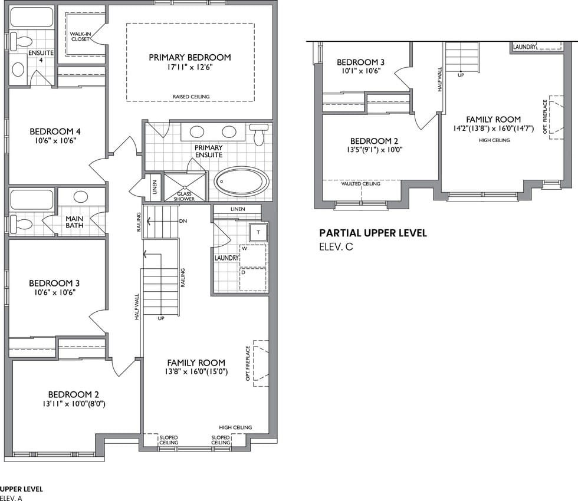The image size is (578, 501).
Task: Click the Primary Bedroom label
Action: coord(190,58)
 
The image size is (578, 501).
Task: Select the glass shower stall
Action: coord(184,187)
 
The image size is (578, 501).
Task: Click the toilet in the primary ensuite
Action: coord(259,134)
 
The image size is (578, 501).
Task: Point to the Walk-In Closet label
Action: coord(80,36)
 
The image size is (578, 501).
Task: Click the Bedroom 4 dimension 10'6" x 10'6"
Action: coord(55,140)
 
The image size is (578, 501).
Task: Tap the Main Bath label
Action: coord(74,222)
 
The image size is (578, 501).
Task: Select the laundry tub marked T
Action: coord(258,232)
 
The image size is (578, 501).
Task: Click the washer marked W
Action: coord(253,256)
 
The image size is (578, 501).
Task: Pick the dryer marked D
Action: coord(253,279)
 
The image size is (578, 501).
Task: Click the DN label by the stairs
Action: coord(183,221)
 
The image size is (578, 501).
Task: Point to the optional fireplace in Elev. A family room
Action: coord(261,363)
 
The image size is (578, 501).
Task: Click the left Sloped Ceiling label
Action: coord(169,440)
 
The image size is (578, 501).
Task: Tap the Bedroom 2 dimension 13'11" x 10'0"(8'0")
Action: coord(74,404)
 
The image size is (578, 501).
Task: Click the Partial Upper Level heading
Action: coord(373,233)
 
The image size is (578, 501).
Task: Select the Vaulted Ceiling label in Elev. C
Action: coord(360,183)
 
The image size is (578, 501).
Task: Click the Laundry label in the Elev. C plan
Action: coord(524,47)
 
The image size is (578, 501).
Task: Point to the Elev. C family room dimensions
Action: coord(494,128)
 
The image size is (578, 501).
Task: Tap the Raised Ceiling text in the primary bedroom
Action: coord(191,97)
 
